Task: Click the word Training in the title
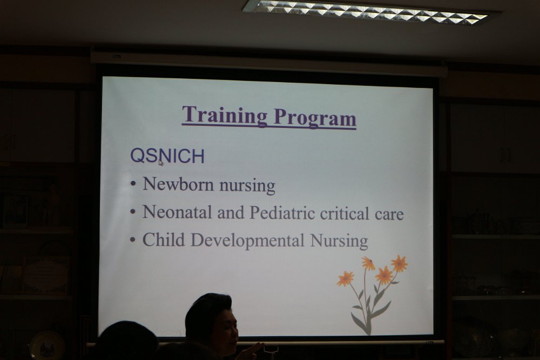pyautogui.click(x=225, y=115)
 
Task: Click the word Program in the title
pyautogui.click(x=315, y=118)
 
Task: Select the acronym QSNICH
pyautogui.click(x=167, y=157)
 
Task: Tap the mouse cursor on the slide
pyautogui.click(x=161, y=162)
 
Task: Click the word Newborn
pyautogui.click(x=178, y=184)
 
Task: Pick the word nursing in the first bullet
pyautogui.click(x=247, y=186)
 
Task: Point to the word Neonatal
pyautogui.click(x=177, y=212)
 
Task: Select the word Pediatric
pyautogui.click(x=282, y=213)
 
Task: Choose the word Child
pyautogui.click(x=164, y=240)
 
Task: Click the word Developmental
pyautogui.click(x=247, y=241)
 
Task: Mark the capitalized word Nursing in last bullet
pyautogui.click(x=339, y=241)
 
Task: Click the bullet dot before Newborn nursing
pyautogui.click(x=133, y=185)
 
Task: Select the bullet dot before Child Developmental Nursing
pyautogui.click(x=133, y=240)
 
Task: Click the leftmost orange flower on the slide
pyautogui.click(x=345, y=279)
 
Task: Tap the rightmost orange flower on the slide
pyautogui.click(x=400, y=263)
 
